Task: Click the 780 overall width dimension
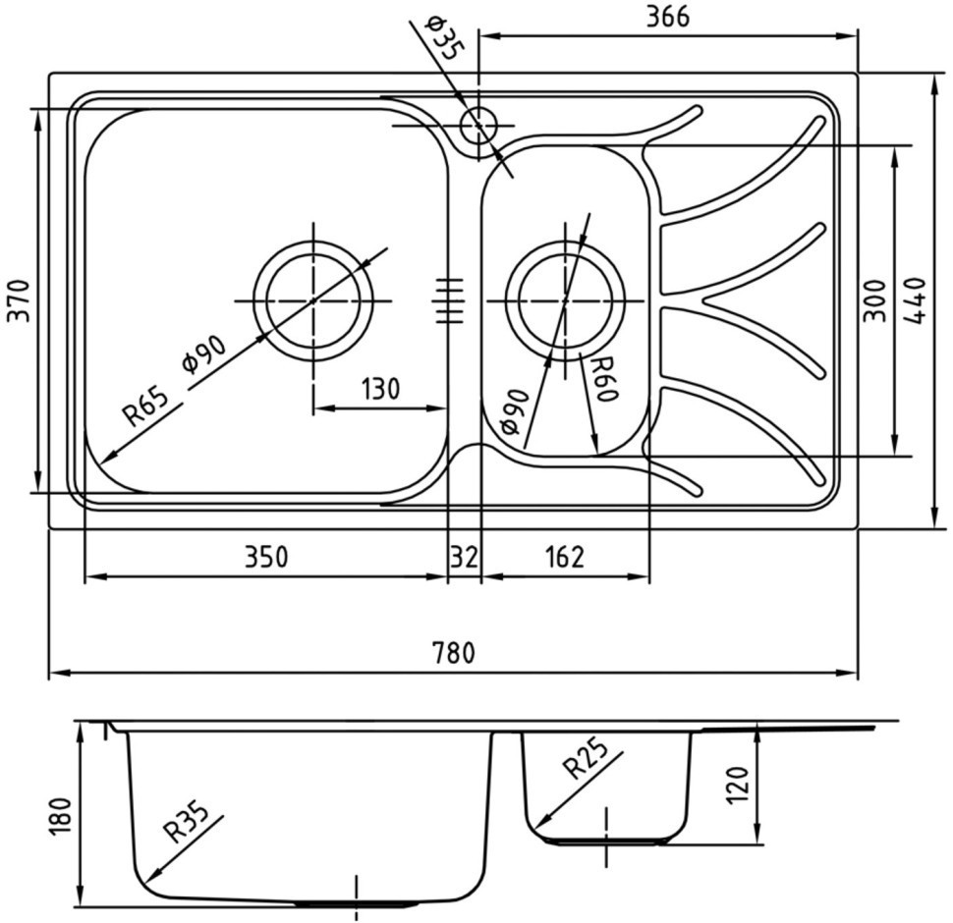pyautogui.click(x=453, y=653)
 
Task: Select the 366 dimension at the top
pyautogui.click(x=667, y=17)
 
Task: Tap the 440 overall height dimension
pyautogui.click(x=916, y=300)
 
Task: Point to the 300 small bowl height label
pyautogui.click(x=874, y=300)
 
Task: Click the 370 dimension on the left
pyautogui.click(x=18, y=300)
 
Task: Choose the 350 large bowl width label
pyautogui.click(x=265, y=557)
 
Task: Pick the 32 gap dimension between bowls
pyautogui.click(x=465, y=557)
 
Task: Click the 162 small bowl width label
pyautogui.click(x=565, y=557)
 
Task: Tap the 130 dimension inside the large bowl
pyautogui.click(x=380, y=389)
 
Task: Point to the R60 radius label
pyautogui.click(x=605, y=379)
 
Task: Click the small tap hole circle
pyautogui.click(x=478, y=126)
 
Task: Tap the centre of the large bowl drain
pyautogui.click(x=313, y=300)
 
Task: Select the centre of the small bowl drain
pyautogui.click(x=565, y=300)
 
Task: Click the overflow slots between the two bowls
pyautogui.click(x=449, y=300)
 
